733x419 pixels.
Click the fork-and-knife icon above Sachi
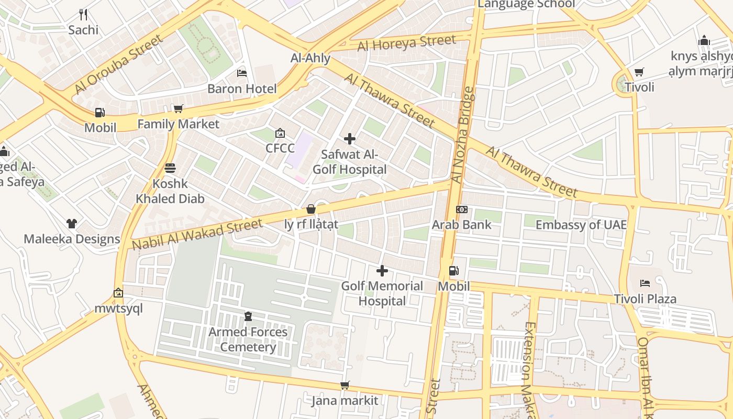pyautogui.click(x=83, y=15)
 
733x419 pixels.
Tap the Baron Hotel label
pyautogui.click(x=242, y=89)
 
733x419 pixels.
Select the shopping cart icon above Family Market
pyautogui.click(x=179, y=109)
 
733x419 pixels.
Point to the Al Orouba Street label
pyautogui.click(x=119, y=64)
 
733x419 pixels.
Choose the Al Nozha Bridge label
pyautogui.click(x=462, y=135)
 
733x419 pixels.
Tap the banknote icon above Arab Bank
pyautogui.click(x=461, y=210)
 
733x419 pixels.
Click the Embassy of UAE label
pyautogui.click(x=581, y=225)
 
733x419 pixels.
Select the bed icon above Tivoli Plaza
pyautogui.click(x=645, y=283)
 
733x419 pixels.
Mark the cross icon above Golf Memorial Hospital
pyautogui.click(x=382, y=271)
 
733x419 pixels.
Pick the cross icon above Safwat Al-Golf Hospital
pyautogui.click(x=350, y=139)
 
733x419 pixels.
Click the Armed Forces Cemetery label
pyautogui.click(x=248, y=339)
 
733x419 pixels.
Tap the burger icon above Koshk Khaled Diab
pyautogui.click(x=170, y=168)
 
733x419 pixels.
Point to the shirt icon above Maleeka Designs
pyautogui.click(x=72, y=224)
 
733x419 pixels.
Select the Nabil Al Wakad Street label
pyautogui.click(x=197, y=234)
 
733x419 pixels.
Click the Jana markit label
pyautogui.click(x=345, y=401)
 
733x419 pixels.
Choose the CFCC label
pyautogui.click(x=280, y=148)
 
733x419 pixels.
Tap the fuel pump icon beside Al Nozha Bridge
pyautogui.click(x=454, y=271)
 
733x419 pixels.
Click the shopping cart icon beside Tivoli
pyautogui.click(x=639, y=72)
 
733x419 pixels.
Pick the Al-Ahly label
pyautogui.click(x=310, y=58)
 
